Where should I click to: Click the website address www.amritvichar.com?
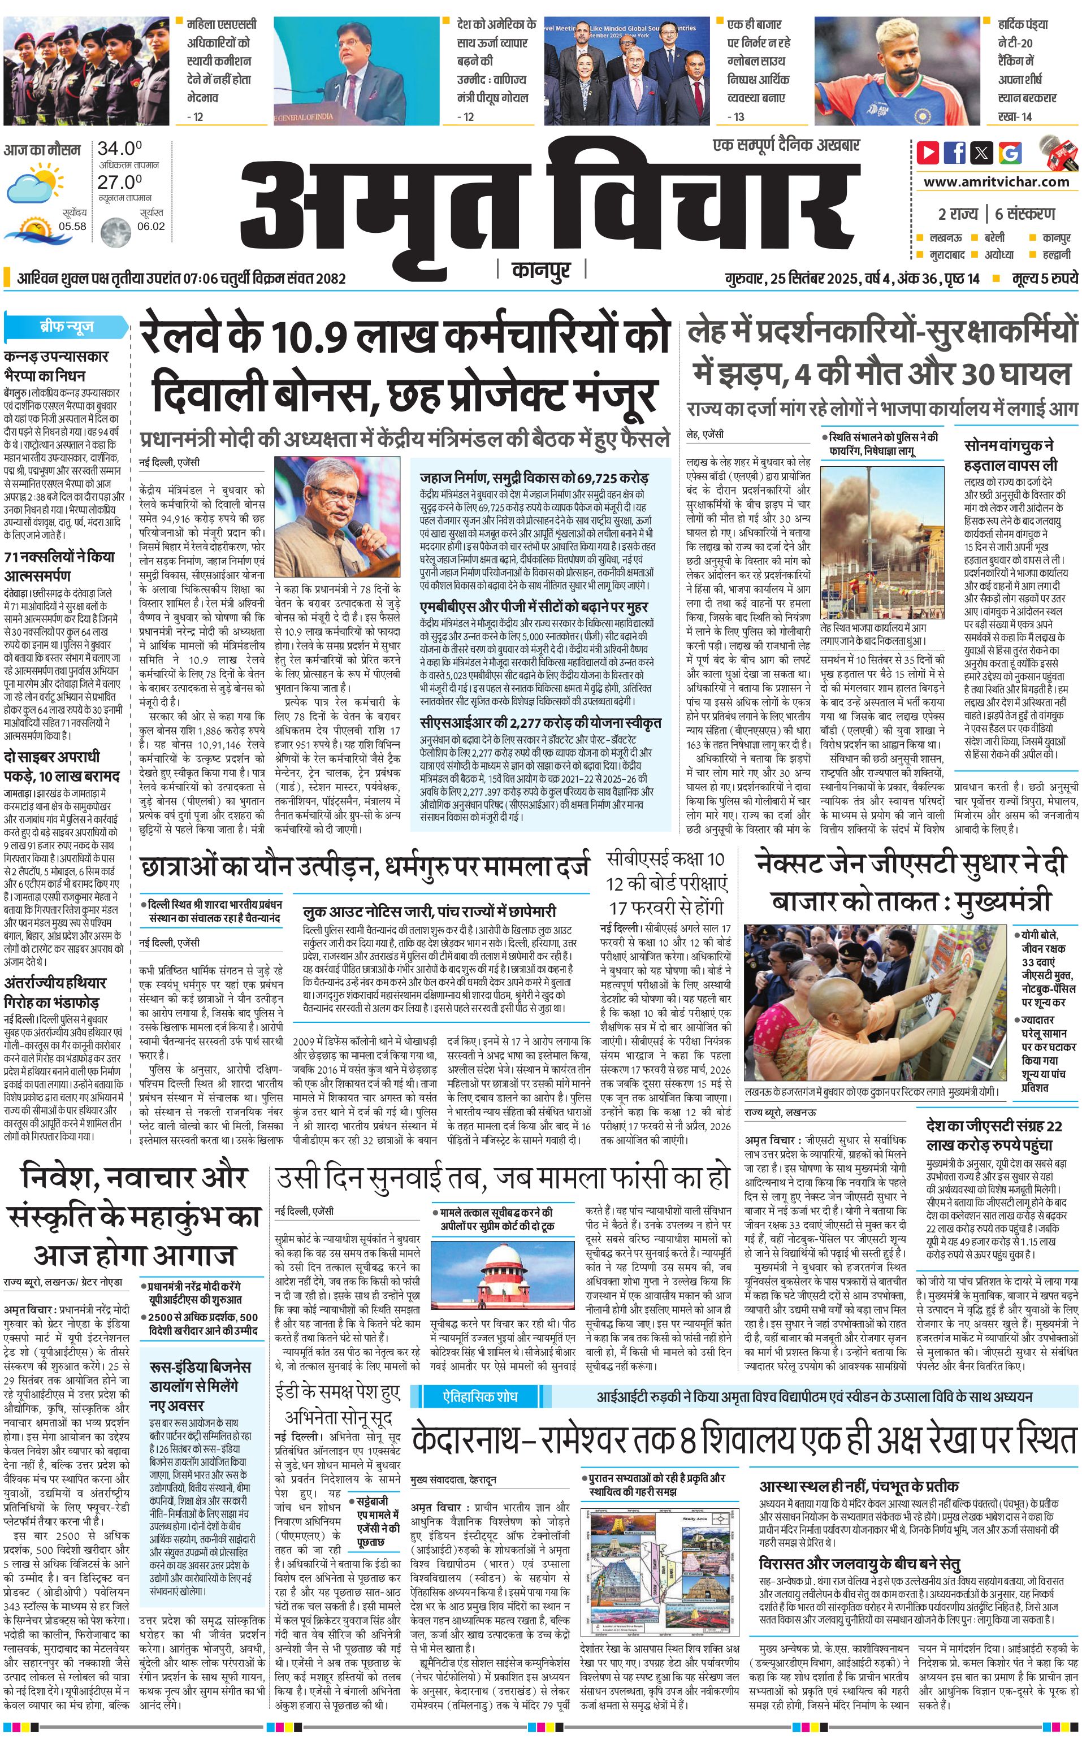coord(996,182)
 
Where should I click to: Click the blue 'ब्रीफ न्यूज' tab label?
coord(66,327)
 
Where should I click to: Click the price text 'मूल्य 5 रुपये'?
coord(1044,278)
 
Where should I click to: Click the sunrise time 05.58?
coord(73,226)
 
